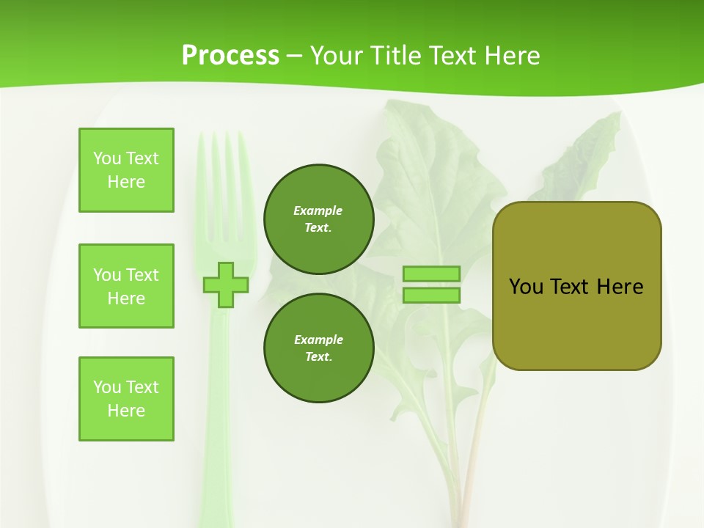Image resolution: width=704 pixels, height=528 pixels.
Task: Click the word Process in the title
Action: (230, 56)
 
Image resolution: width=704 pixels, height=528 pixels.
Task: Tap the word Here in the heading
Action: (512, 56)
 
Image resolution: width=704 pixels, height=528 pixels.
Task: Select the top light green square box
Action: (126, 170)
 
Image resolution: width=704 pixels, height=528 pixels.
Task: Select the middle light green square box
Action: (126, 286)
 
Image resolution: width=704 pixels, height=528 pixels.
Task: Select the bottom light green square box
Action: (126, 399)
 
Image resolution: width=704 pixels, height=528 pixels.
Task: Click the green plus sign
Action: (226, 285)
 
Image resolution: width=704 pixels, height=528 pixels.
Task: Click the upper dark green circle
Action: (318, 219)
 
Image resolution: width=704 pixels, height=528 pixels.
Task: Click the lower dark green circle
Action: (318, 348)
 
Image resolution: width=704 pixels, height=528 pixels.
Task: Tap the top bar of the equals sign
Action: (431, 274)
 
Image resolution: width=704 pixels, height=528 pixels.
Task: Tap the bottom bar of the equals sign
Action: (431, 295)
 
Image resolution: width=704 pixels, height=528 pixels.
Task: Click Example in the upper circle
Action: (318, 210)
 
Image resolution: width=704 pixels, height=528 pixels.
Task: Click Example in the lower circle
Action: (318, 340)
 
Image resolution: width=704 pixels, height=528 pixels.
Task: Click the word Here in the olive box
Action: (620, 287)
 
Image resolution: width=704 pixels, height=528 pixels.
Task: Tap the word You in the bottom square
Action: (106, 387)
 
